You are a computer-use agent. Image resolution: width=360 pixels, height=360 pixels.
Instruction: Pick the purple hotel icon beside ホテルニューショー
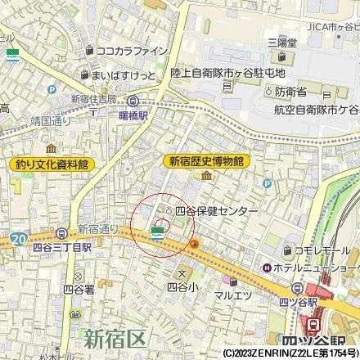[267, 268]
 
